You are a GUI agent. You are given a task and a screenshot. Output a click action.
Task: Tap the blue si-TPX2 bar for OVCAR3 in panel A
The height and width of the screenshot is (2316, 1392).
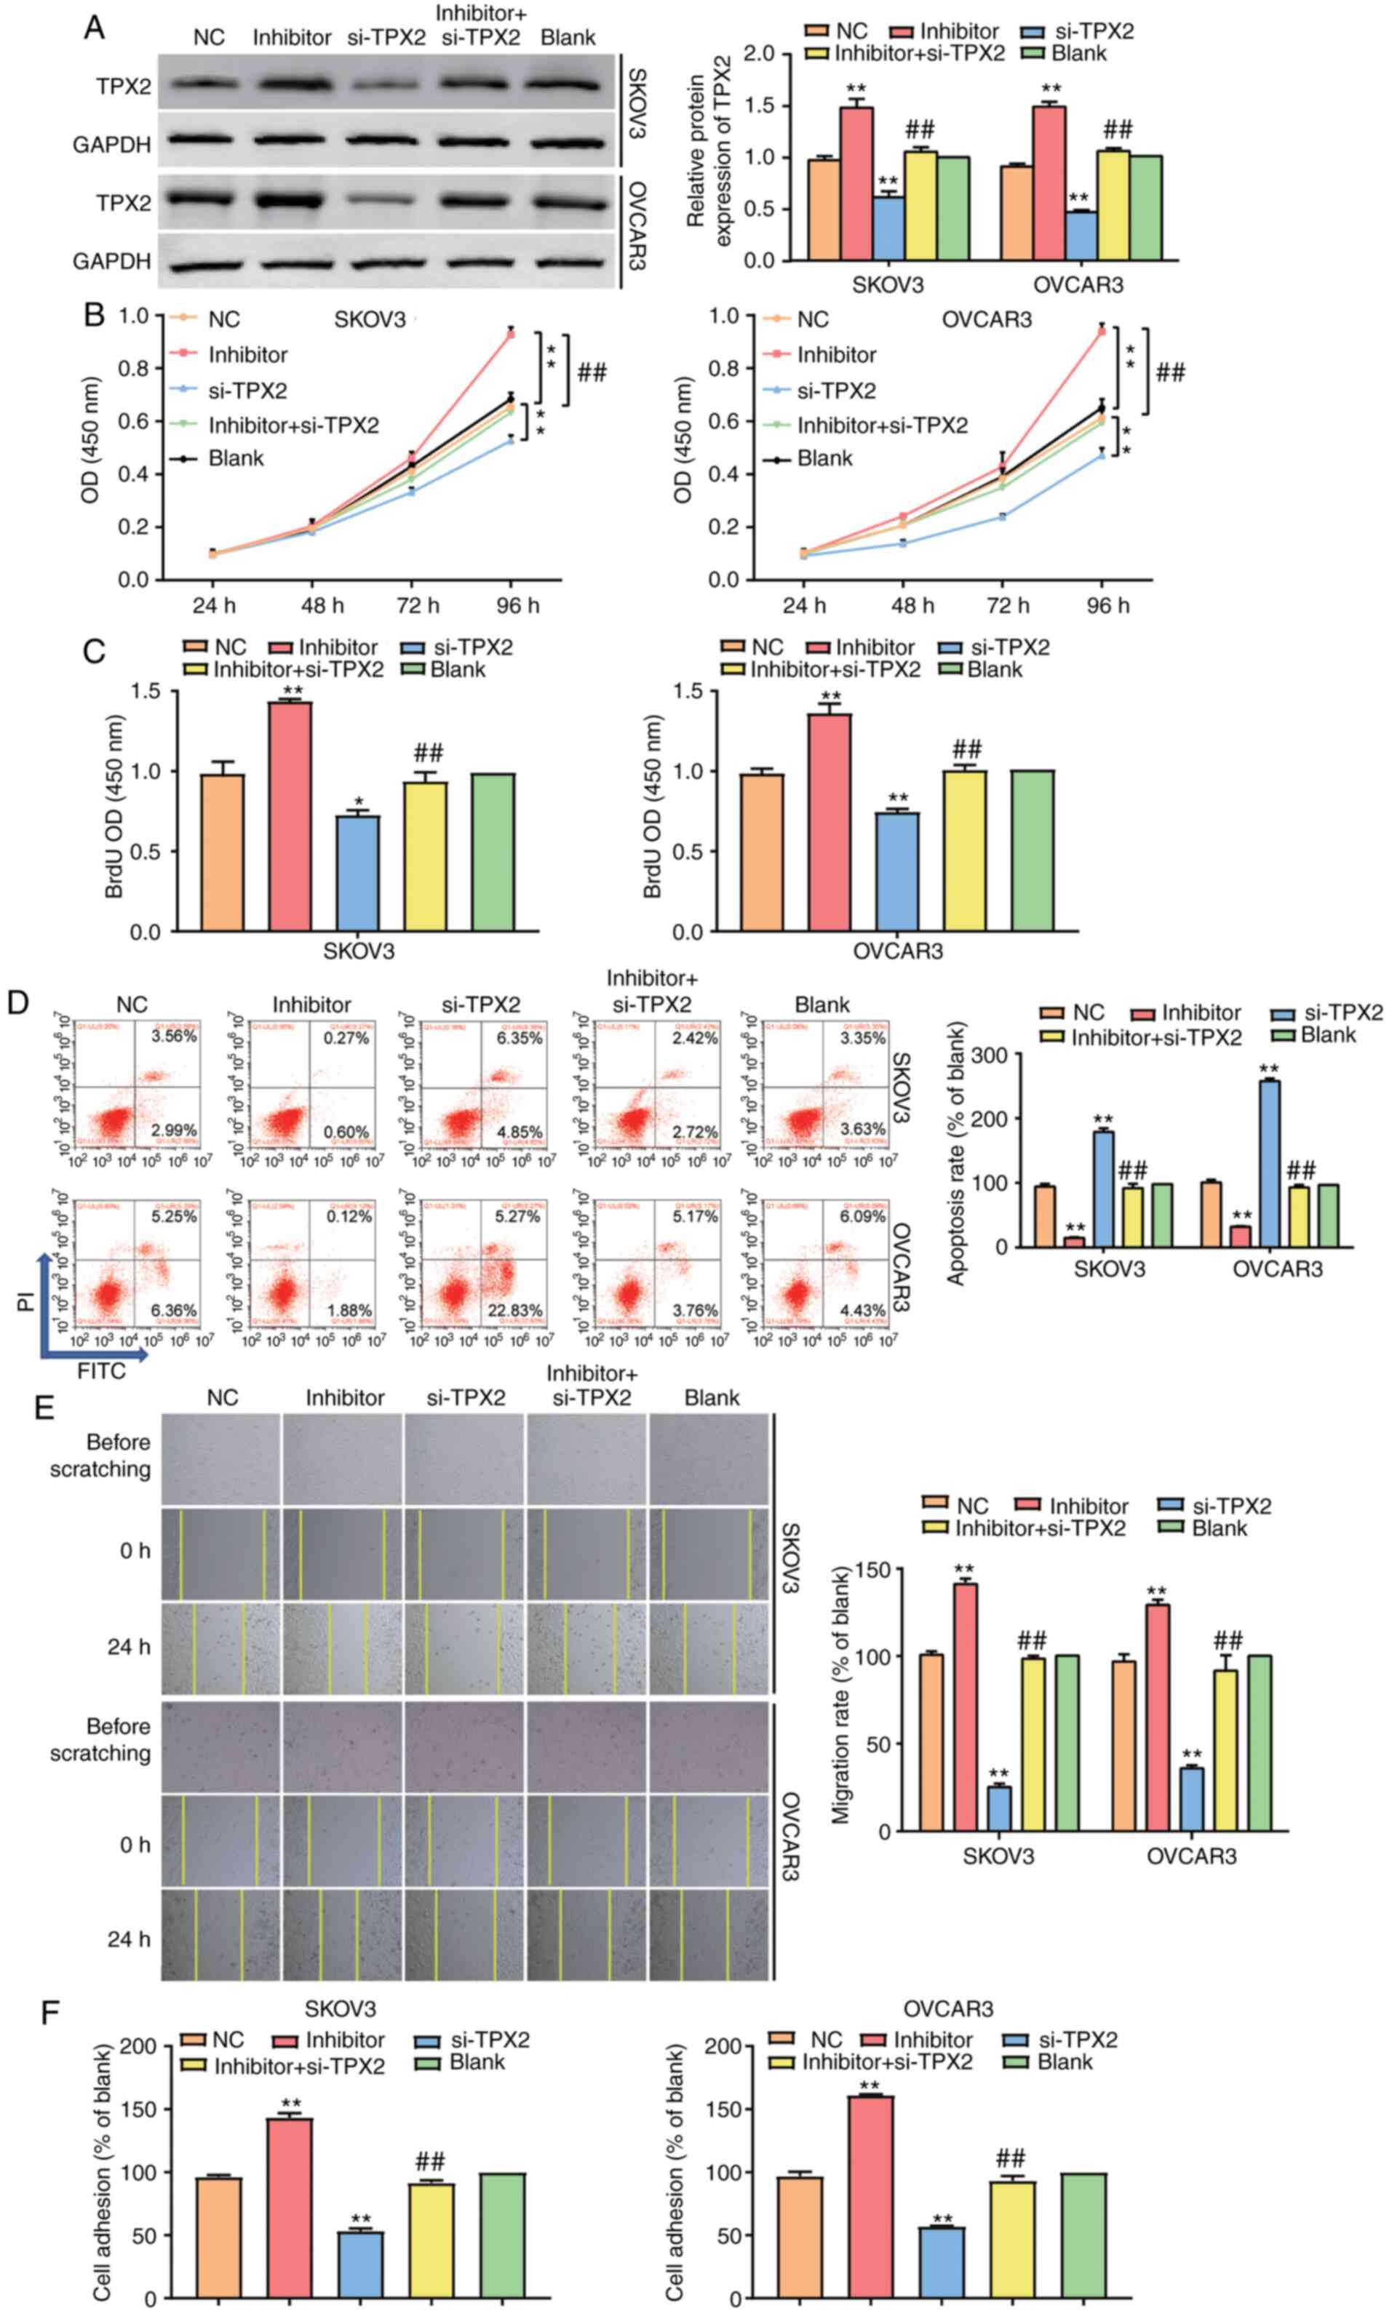coord(1081,236)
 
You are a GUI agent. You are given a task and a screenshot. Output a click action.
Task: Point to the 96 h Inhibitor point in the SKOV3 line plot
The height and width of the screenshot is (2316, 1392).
coord(510,333)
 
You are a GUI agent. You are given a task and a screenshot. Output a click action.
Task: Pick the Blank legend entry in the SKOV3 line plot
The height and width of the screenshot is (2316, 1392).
coord(236,458)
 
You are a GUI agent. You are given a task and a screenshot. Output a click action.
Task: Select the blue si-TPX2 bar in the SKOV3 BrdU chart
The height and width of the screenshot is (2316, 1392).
coord(357,873)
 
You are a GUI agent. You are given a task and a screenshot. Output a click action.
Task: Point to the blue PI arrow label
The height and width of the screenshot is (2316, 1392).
coord(26,1301)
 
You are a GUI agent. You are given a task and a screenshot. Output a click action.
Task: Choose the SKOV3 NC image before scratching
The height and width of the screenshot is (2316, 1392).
coord(221,1459)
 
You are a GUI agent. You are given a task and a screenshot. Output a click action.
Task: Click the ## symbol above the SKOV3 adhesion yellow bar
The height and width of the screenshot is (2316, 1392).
coord(429,2163)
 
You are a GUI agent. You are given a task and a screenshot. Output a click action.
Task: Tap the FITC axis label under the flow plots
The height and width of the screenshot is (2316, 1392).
coord(101,1371)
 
